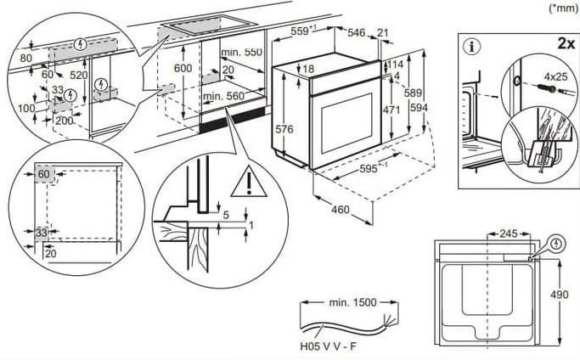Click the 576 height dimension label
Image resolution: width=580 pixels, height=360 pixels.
[x=284, y=129]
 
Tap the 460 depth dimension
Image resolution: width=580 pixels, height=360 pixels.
[x=340, y=210]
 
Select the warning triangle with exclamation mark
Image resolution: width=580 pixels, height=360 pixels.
[x=249, y=182]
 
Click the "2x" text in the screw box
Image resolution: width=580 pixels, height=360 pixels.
[x=566, y=43]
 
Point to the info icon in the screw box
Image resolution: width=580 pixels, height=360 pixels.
[x=472, y=47]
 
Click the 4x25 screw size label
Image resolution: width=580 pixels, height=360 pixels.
[x=555, y=76]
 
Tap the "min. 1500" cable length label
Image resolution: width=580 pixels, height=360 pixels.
[x=352, y=302]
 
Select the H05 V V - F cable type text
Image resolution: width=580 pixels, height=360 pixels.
[x=329, y=346]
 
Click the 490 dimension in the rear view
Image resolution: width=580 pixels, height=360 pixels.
[x=559, y=295]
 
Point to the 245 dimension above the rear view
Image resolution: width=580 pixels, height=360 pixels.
[x=508, y=233]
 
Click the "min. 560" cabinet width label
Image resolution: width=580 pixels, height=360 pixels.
[x=223, y=97]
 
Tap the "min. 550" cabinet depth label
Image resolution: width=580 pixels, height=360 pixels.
[x=241, y=52]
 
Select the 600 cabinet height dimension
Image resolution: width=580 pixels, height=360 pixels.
[x=183, y=68]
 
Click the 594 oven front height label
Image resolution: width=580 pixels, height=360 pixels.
[x=419, y=108]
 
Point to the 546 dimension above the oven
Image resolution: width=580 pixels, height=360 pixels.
[x=356, y=32]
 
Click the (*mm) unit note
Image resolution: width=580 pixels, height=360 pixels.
[x=563, y=8]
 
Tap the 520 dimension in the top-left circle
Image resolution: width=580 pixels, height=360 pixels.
[x=79, y=75]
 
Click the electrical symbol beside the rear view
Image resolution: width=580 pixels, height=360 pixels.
[x=557, y=245]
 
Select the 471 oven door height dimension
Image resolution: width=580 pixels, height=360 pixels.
[x=391, y=110]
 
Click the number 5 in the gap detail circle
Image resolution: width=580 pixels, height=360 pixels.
[x=226, y=215]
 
